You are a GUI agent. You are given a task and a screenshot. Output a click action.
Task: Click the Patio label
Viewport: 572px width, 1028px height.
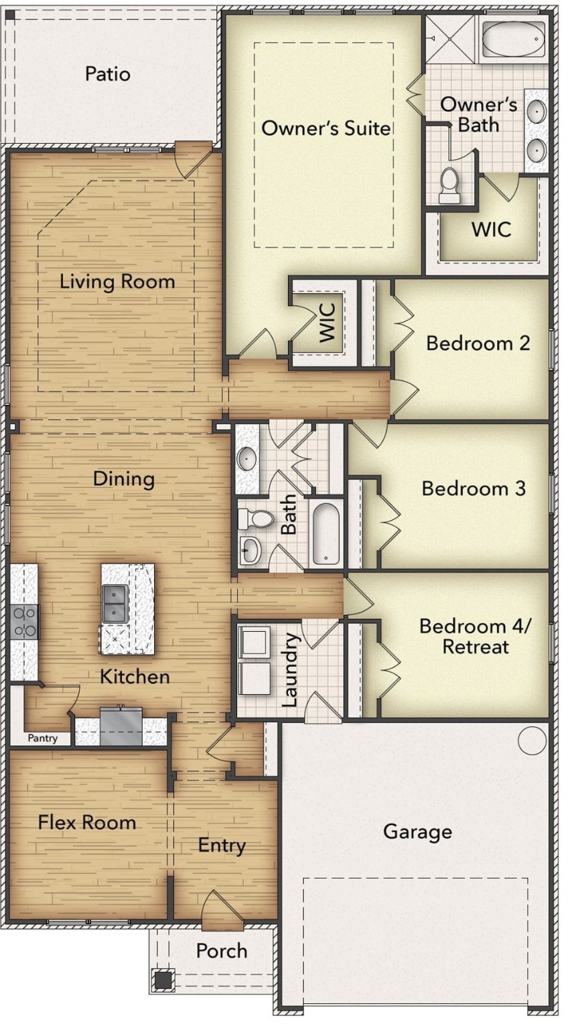tap(107, 74)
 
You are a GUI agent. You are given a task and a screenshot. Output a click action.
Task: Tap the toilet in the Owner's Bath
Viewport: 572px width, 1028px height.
tap(449, 184)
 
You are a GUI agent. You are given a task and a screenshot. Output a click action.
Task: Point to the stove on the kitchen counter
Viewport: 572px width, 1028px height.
tap(25, 622)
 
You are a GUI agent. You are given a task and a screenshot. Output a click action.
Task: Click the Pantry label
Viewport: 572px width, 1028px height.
tap(42, 738)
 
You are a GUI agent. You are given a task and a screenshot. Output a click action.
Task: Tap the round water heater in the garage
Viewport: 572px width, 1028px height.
tap(532, 741)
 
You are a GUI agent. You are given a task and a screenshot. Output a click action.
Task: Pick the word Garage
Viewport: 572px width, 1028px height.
tap(417, 832)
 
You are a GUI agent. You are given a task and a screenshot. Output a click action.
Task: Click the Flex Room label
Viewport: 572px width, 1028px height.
tap(86, 822)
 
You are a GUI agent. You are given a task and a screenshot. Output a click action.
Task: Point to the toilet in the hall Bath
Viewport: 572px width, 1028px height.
tap(256, 519)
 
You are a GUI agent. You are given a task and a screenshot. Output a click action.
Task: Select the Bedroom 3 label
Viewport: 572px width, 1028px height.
tap(473, 488)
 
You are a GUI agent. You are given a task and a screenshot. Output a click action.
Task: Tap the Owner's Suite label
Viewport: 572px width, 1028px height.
tap(326, 127)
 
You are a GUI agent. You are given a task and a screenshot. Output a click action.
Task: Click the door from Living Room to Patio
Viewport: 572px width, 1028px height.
tap(193, 159)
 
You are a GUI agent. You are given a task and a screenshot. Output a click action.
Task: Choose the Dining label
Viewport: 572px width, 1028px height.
tap(123, 479)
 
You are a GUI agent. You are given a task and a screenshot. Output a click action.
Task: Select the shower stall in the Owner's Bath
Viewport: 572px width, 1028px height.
tap(451, 39)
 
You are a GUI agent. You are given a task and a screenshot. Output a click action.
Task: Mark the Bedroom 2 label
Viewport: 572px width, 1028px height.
tap(478, 343)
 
